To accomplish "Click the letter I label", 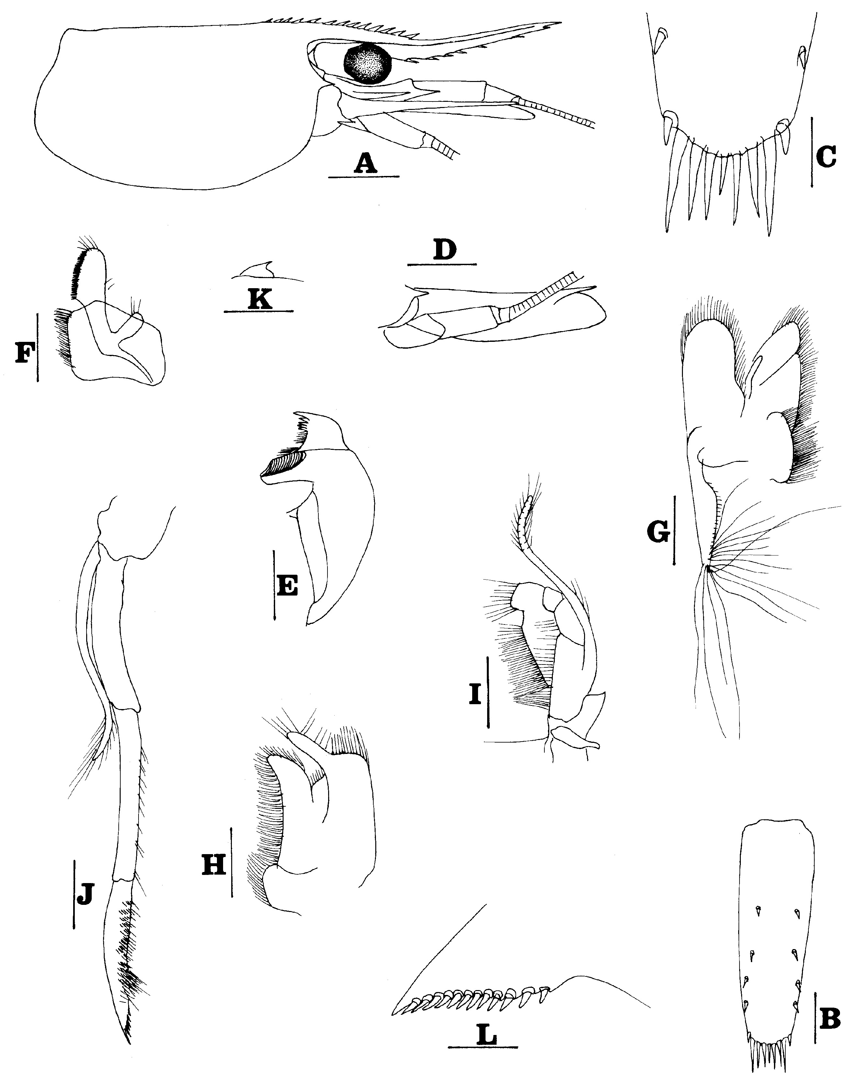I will tap(475, 695).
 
